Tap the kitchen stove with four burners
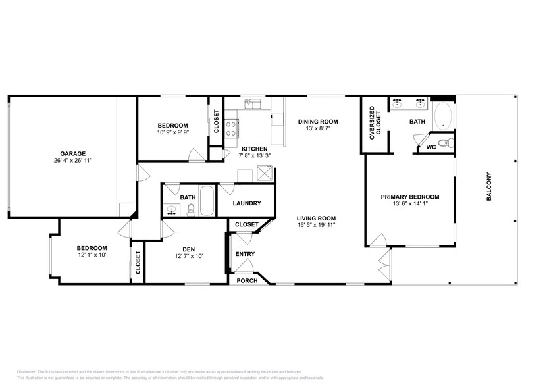click(x=232, y=128)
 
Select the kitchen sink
click(x=255, y=104)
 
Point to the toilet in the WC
click(x=444, y=143)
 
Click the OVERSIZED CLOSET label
click(x=372, y=122)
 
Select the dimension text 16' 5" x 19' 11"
click(x=316, y=225)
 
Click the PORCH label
click(x=247, y=280)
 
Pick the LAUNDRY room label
click(x=247, y=203)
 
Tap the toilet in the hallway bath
click(x=191, y=210)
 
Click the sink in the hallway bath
click(x=172, y=211)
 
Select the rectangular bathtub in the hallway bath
click(x=207, y=201)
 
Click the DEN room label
click(x=188, y=249)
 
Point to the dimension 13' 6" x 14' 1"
click(x=410, y=204)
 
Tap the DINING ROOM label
click(x=317, y=121)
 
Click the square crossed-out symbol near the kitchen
click(x=266, y=174)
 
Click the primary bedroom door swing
click(x=378, y=241)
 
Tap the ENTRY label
click(x=245, y=254)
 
